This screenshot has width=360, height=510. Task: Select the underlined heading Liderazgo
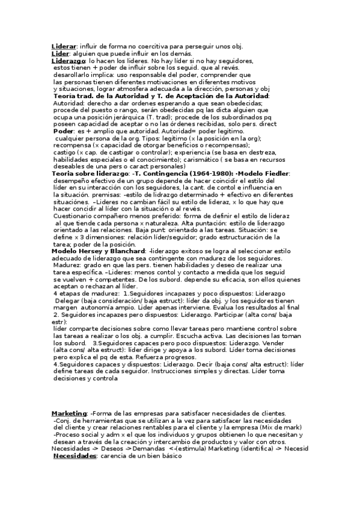tap(69, 61)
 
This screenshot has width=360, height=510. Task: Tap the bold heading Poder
tap(64, 131)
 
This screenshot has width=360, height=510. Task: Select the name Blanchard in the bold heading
tap(124, 251)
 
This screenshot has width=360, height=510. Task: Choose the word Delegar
tap(69, 300)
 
